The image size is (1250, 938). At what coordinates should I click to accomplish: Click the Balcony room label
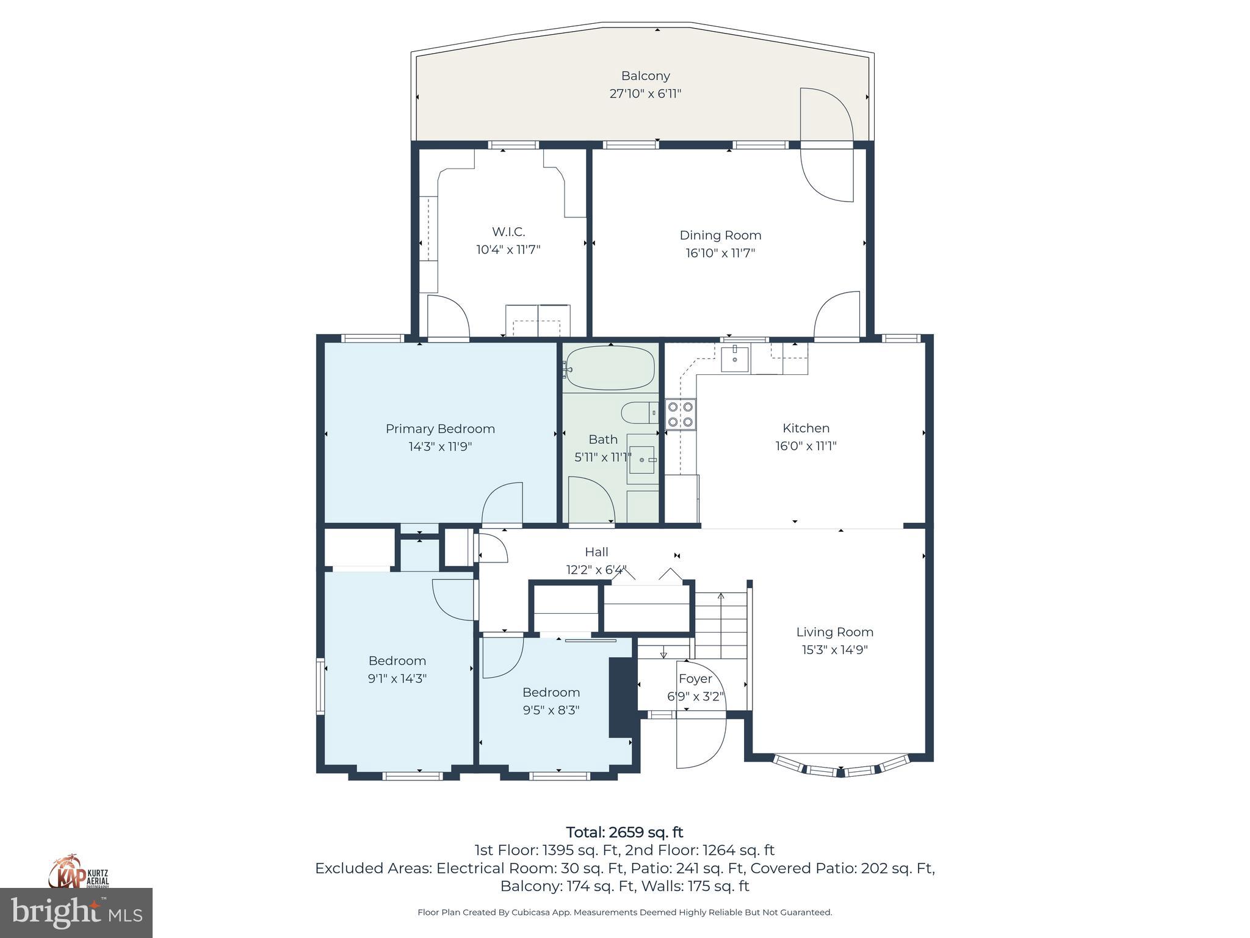[x=645, y=76]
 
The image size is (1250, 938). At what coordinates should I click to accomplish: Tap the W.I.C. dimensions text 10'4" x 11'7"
[x=508, y=249]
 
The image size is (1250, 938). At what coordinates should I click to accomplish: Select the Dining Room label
[x=720, y=235]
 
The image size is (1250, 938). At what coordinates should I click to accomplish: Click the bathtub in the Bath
[x=609, y=368]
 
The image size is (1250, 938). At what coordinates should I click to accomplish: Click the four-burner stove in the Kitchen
[x=680, y=414]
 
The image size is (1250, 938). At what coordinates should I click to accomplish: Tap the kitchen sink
[x=734, y=358]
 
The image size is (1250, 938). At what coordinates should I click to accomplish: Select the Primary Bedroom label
[x=440, y=429]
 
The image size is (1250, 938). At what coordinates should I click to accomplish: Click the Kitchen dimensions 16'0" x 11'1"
[x=806, y=446]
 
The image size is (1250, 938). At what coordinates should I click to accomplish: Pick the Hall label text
[x=596, y=552]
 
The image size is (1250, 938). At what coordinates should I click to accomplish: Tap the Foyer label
[x=695, y=678]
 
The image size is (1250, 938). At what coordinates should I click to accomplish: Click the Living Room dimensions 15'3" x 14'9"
[x=834, y=650]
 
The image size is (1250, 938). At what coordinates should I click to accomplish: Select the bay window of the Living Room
[x=840, y=768]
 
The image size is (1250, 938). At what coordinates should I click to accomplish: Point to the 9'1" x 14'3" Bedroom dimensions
[x=397, y=678]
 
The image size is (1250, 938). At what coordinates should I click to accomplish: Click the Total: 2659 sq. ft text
[x=624, y=832]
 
